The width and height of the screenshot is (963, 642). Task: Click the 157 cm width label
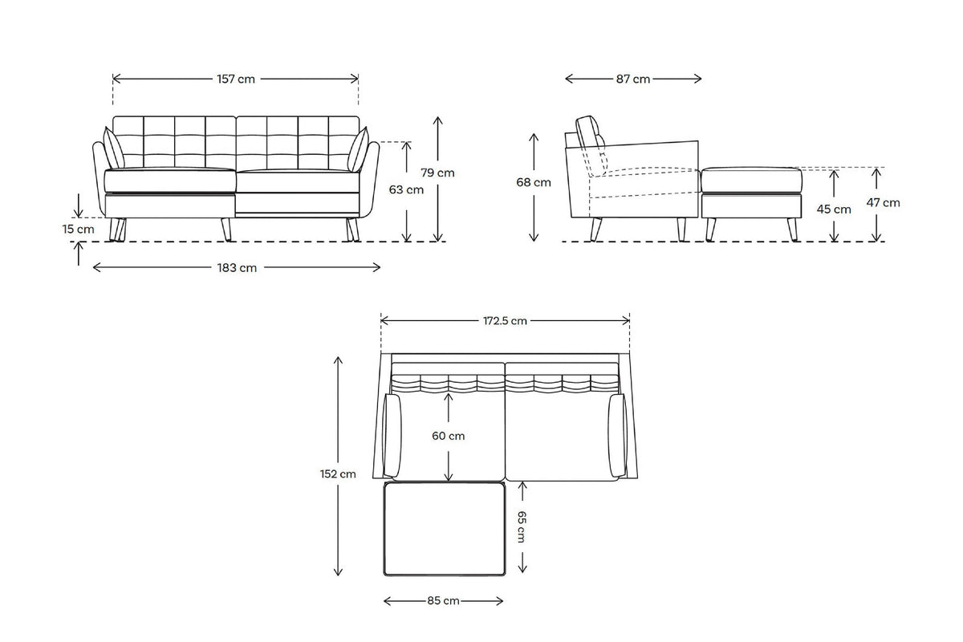(x=236, y=79)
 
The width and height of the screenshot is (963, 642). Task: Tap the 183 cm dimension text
(x=237, y=268)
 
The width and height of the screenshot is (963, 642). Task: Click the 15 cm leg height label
(x=79, y=230)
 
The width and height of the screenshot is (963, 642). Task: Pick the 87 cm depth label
(x=633, y=79)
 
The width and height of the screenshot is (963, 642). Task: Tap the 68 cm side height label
(x=534, y=182)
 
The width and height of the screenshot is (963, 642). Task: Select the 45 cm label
(x=835, y=209)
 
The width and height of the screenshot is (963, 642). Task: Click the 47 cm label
(x=884, y=203)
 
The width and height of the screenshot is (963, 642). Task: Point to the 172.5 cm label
(x=505, y=321)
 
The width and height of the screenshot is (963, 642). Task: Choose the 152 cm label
(x=338, y=473)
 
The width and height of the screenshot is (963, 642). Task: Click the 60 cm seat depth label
(x=449, y=437)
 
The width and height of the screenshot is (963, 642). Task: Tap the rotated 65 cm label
(x=522, y=526)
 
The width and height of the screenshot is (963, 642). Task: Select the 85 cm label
(x=444, y=600)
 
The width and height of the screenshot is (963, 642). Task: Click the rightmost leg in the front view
(x=352, y=230)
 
